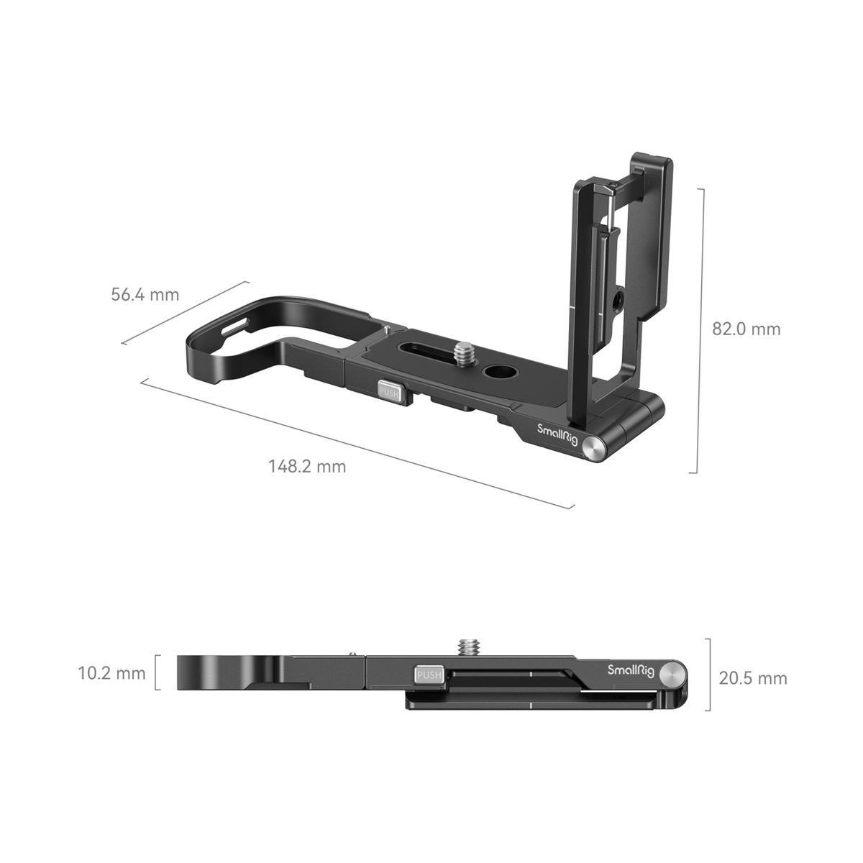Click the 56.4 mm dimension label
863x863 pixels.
(145, 295)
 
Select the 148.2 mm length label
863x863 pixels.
(307, 466)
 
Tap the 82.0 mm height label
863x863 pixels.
(746, 329)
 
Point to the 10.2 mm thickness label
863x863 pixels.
(111, 674)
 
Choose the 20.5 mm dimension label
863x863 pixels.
(753, 678)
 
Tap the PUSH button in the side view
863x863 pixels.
(429, 675)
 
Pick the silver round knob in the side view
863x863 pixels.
(672, 674)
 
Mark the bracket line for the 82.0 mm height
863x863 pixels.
(696, 331)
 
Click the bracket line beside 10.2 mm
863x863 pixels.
(157, 673)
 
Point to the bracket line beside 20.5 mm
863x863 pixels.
(710, 675)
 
